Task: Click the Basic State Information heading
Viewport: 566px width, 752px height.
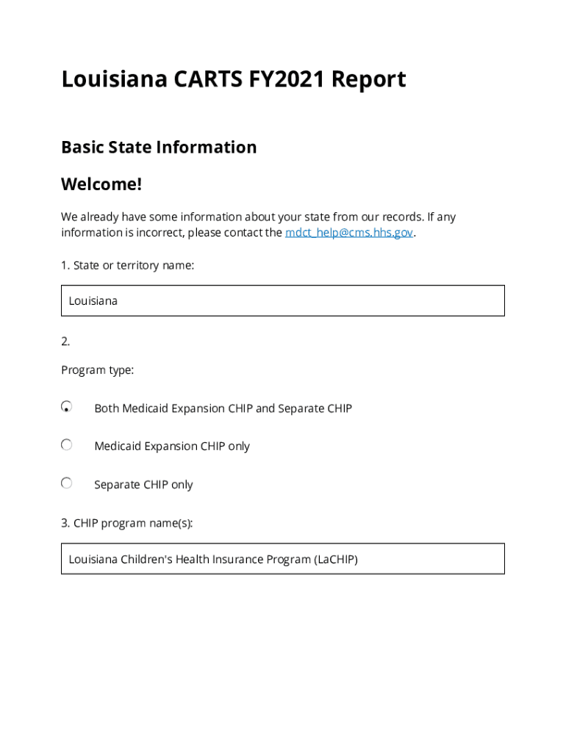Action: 159,147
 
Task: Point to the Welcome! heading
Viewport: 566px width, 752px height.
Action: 101,184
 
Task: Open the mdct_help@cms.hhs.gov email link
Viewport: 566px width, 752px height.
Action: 349,233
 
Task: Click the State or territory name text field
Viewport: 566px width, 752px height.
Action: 282,300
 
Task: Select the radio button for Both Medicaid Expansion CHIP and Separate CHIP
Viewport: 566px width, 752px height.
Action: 67,407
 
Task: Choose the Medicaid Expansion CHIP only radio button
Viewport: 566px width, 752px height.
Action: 67,445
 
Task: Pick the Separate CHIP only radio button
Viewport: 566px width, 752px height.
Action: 67,483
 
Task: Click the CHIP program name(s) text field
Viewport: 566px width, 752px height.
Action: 282,559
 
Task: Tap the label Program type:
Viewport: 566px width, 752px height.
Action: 97,370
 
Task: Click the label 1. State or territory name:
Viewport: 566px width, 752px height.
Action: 127,265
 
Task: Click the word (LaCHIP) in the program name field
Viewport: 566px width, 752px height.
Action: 335,560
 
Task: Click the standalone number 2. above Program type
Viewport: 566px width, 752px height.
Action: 65,341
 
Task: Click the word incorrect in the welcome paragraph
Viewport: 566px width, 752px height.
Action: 160,233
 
